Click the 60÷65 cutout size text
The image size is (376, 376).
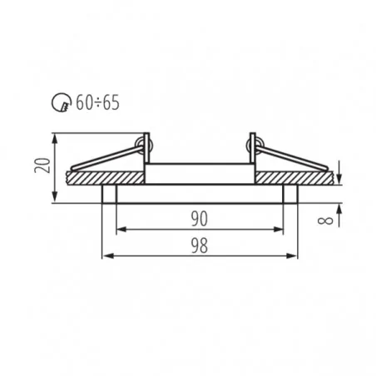pos(97,102)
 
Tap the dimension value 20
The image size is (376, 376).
pos(42,166)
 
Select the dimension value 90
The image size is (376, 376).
pos(200,219)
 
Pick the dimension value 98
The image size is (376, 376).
pos(200,245)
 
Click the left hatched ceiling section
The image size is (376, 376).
pos(106,178)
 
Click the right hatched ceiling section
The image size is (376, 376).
pos(294,178)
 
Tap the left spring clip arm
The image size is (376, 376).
pos(106,158)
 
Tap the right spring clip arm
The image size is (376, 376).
pos(292,158)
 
